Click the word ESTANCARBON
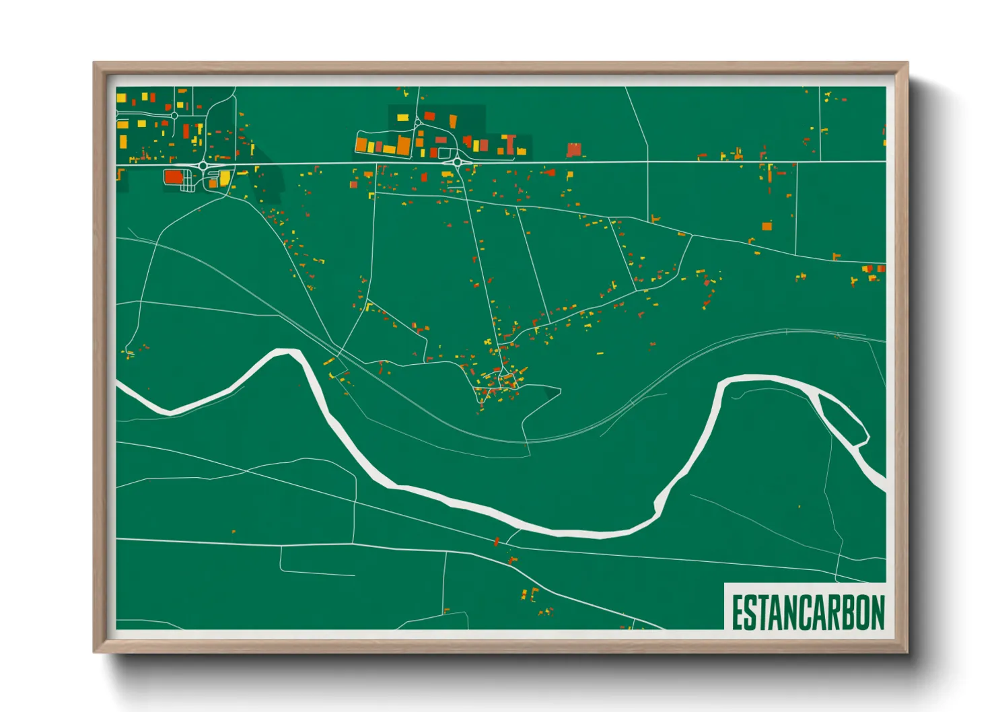coord(808,612)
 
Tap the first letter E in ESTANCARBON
coord(738,612)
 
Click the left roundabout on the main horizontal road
coord(203,165)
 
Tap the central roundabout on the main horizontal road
coord(458,162)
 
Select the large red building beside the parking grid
coord(174,177)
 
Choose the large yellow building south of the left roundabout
coord(224,178)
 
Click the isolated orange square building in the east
coord(767,226)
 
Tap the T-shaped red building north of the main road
coord(510,143)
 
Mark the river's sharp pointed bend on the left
coord(288,351)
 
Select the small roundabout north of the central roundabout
coord(418,122)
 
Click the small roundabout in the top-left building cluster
coord(174,116)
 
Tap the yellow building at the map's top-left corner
coord(121,98)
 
